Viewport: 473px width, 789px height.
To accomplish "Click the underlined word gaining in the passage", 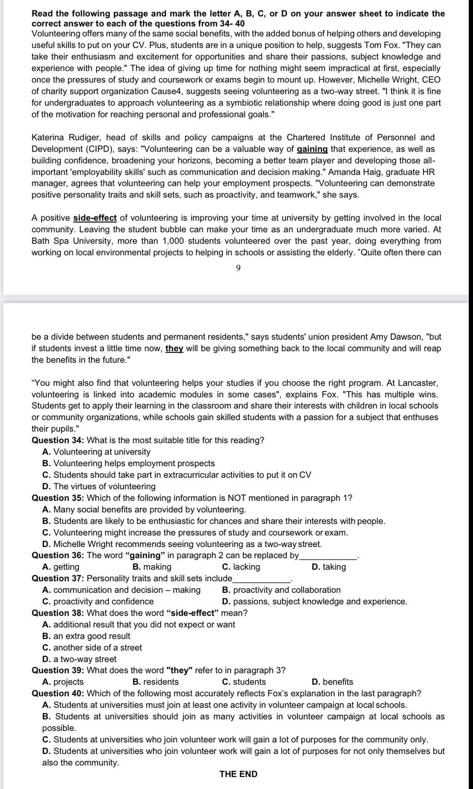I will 312,149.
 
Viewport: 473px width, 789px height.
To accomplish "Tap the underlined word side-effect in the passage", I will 95,218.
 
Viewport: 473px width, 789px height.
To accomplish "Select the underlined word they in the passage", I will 174,348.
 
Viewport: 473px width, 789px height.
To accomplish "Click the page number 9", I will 238,269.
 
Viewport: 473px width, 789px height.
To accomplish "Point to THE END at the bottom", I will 238,774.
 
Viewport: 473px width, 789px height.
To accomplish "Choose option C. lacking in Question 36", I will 241,567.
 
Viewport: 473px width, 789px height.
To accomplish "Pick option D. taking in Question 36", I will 329,567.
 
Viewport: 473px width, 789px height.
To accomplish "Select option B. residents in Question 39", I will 155,682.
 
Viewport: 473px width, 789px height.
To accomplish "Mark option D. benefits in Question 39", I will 332,682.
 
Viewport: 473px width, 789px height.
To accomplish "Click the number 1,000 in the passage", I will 176,241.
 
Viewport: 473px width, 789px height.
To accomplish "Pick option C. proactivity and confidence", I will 98,601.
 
